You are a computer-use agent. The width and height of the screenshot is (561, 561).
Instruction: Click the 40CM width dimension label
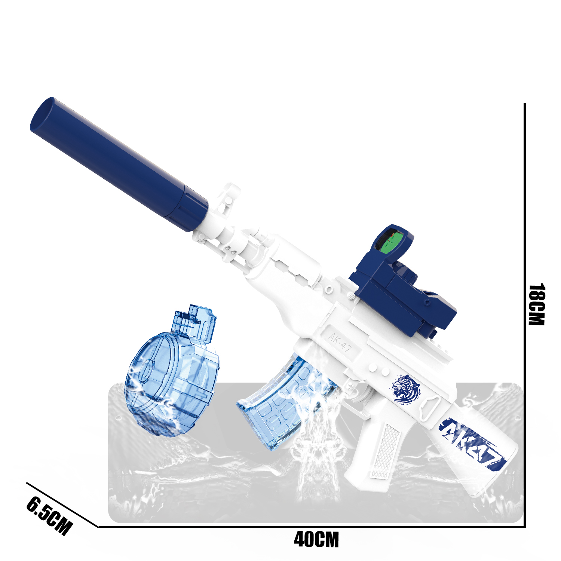coord(316,539)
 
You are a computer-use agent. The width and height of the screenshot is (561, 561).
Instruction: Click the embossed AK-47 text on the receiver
coord(340,343)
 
